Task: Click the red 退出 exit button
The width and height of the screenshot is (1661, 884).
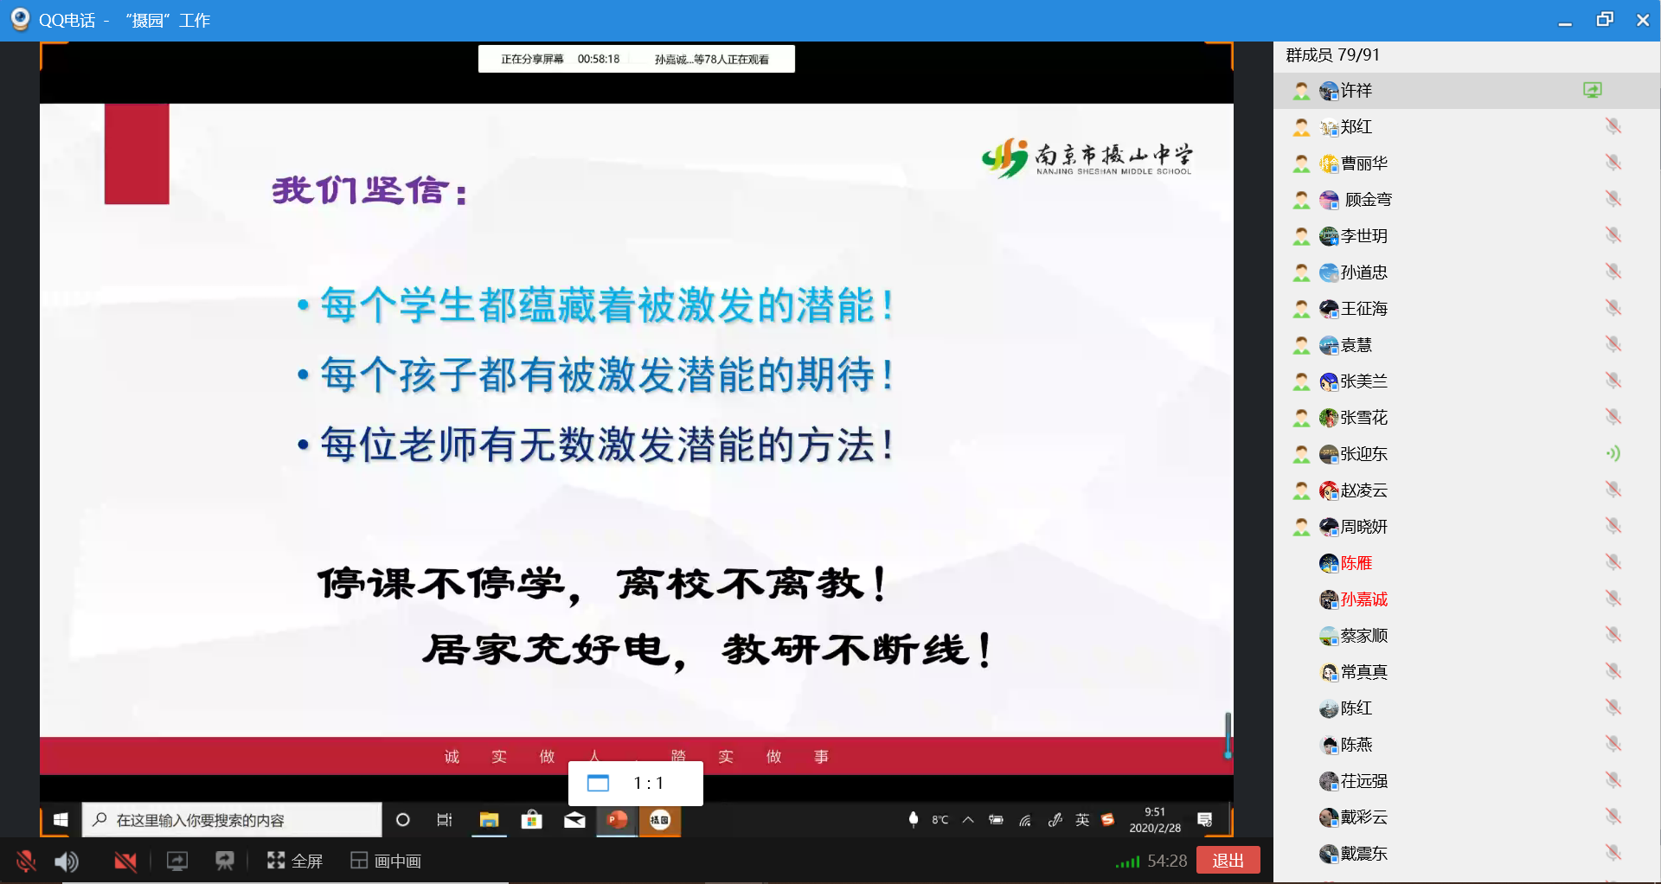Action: (1228, 861)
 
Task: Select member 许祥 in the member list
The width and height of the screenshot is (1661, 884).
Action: (1356, 91)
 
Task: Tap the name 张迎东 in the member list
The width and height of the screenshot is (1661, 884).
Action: (1364, 454)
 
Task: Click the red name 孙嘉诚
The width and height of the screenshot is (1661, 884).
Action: (1364, 599)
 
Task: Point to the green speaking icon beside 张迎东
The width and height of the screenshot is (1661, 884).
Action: (1613, 453)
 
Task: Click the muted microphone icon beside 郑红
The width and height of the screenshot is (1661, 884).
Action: (1613, 126)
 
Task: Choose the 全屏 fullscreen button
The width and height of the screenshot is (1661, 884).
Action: (295, 861)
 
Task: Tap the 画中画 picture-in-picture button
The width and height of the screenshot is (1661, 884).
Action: (386, 861)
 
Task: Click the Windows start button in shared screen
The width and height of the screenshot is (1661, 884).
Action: (61, 819)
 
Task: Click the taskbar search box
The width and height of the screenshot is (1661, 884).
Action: (232, 820)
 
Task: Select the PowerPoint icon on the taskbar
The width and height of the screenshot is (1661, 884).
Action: (618, 819)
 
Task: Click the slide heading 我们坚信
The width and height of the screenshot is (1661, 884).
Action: (370, 190)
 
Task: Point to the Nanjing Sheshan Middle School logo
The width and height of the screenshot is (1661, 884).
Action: (1087, 158)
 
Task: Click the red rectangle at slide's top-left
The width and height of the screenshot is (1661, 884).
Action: (137, 154)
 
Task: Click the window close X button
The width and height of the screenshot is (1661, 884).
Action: (1643, 20)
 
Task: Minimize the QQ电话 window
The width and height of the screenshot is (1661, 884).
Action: (1565, 21)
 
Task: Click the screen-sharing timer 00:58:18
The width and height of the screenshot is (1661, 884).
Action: (599, 60)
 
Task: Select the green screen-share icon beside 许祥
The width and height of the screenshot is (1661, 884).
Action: (1593, 90)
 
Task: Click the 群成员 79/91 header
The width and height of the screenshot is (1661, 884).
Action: (1333, 55)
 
